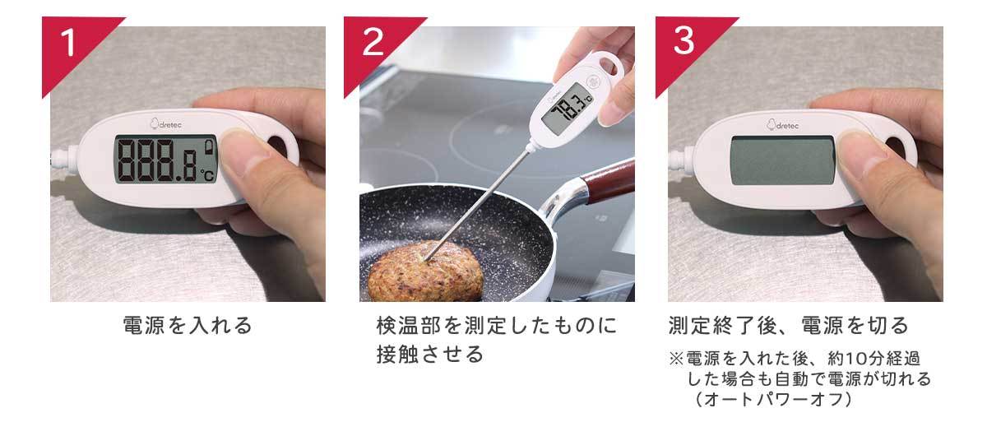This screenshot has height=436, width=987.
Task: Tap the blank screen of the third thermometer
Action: coord(782,160)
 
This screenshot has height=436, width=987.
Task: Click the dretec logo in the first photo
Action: coord(165,124)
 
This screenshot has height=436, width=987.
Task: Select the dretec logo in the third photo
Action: coord(782,125)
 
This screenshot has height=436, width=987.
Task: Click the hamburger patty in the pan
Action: coord(426,271)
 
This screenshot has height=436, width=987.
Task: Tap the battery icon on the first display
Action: coord(209,147)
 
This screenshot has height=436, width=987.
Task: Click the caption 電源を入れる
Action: coord(188,325)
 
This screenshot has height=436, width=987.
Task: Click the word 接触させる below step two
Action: coord(430,354)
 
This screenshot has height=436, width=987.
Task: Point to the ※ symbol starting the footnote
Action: coord(676,359)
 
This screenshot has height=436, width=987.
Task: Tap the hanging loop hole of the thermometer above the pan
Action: coord(609,65)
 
